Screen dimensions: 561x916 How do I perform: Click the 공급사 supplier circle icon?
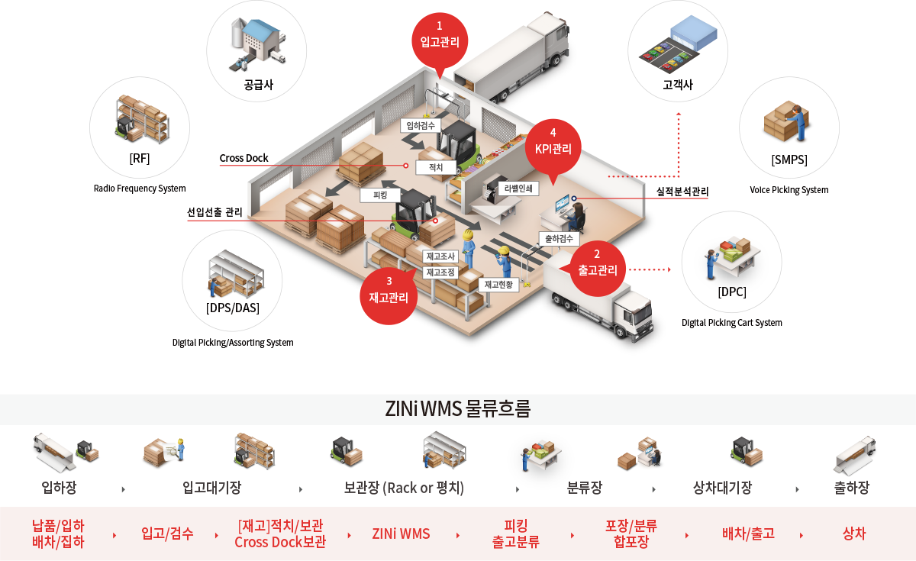256,51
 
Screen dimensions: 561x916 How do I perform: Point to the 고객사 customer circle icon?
678,51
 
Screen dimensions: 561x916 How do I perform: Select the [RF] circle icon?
140,127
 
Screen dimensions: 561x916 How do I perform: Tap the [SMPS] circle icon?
789,127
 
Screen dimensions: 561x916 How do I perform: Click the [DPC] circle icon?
731,262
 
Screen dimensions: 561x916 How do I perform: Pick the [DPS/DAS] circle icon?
232,280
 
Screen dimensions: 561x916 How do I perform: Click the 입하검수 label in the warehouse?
421,125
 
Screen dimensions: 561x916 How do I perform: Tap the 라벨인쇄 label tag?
518,189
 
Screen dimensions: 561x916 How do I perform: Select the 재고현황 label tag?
498,285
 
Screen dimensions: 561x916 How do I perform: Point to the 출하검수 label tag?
559,239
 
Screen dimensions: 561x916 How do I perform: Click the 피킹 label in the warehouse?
380,195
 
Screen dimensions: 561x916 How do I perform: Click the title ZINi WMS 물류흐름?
458,409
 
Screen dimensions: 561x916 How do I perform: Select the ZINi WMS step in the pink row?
401,534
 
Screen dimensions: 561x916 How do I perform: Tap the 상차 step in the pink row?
854,534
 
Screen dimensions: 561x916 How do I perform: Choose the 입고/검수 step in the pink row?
167,534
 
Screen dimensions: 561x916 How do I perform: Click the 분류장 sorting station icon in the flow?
540,460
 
